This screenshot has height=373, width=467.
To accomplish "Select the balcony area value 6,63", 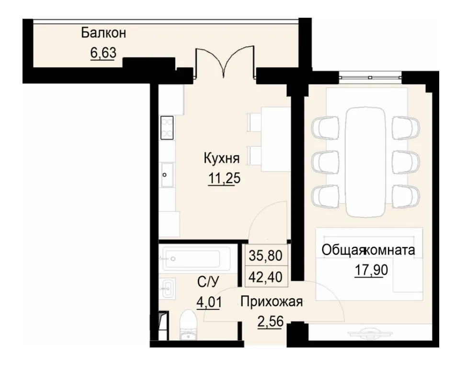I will pyautogui.click(x=103, y=53).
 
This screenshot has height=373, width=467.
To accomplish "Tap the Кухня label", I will pyautogui.click(x=221, y=158).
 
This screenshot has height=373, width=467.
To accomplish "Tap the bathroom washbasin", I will pyautogui.click(x=168, y=288).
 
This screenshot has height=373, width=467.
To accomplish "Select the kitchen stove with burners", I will pyautogui.click(x=167, y=128).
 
